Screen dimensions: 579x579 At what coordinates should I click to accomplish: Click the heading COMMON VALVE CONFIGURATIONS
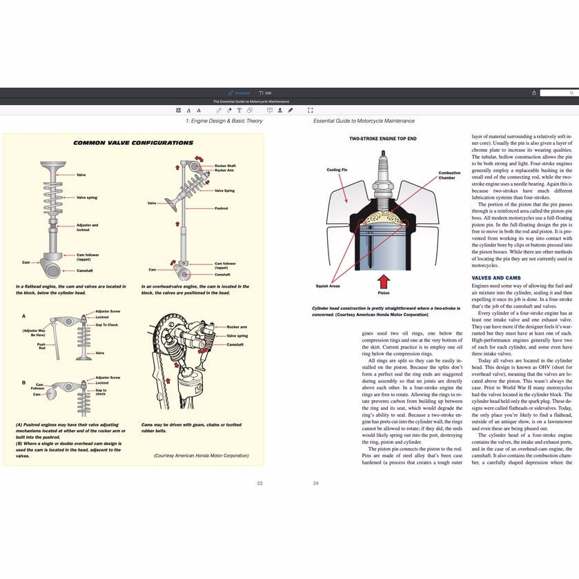(133, 143)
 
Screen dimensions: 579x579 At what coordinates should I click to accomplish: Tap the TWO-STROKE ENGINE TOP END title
(382, 139)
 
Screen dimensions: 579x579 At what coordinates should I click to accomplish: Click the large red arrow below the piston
(384, 282)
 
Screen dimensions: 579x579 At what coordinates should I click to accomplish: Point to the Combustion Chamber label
(449, 175)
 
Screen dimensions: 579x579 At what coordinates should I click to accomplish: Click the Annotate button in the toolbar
(239, 92)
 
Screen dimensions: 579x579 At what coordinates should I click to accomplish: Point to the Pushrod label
(221, 208)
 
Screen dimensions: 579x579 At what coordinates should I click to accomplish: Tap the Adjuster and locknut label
(87, 226)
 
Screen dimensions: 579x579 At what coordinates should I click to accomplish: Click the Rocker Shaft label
(225, 166)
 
